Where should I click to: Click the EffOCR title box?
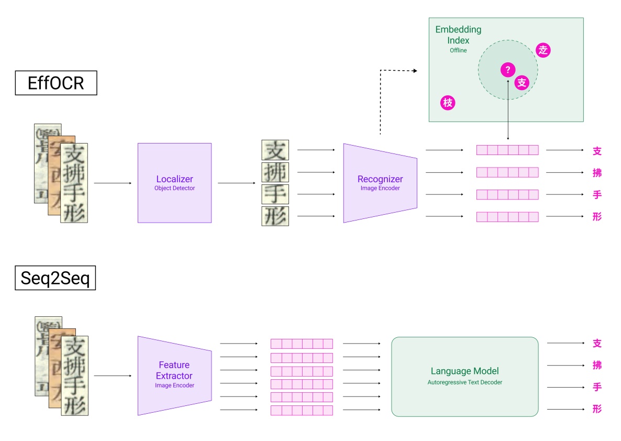pyautogui.click(x=56, y=83)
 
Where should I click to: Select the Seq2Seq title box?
pyautogui.click(x=56, y=278)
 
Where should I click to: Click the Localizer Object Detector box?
pyautogui.click(x=174, y=183)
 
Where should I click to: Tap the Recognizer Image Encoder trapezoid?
pyautogui.click(x=380, y=183)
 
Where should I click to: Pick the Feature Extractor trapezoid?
pyautogui.click(x=174, y=375)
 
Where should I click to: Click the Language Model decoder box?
pyautogui.click(x=464, y=376)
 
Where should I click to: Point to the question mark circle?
pyautogui.click(x=507, y=70)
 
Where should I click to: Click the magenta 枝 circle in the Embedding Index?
pyautogui.click(x=448, y=103)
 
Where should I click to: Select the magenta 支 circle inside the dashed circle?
pyautogui.click(x=522, y=83)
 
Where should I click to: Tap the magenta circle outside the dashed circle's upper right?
pyautogui.click(x=544, y=50)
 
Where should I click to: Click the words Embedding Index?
pyautogui.click(x=458, y=35)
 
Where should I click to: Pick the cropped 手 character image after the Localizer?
pyautogui.click(x=275, y=194)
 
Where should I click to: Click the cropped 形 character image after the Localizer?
pyautogui.click(x=275, y=216)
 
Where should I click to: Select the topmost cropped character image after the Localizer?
pyautogui.click(x=275, y=150)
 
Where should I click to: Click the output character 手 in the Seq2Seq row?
pyautogui.click(x=597, y=387)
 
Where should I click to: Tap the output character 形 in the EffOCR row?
pyautogui.click(x=597, y=216)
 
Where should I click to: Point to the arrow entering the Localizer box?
pyautogui.click(x=113, y=183)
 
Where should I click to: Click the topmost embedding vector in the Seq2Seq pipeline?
pyautogui.click(x=302, y=344)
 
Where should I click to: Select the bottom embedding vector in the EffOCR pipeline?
pyautogui.click(x=507, y=216)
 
